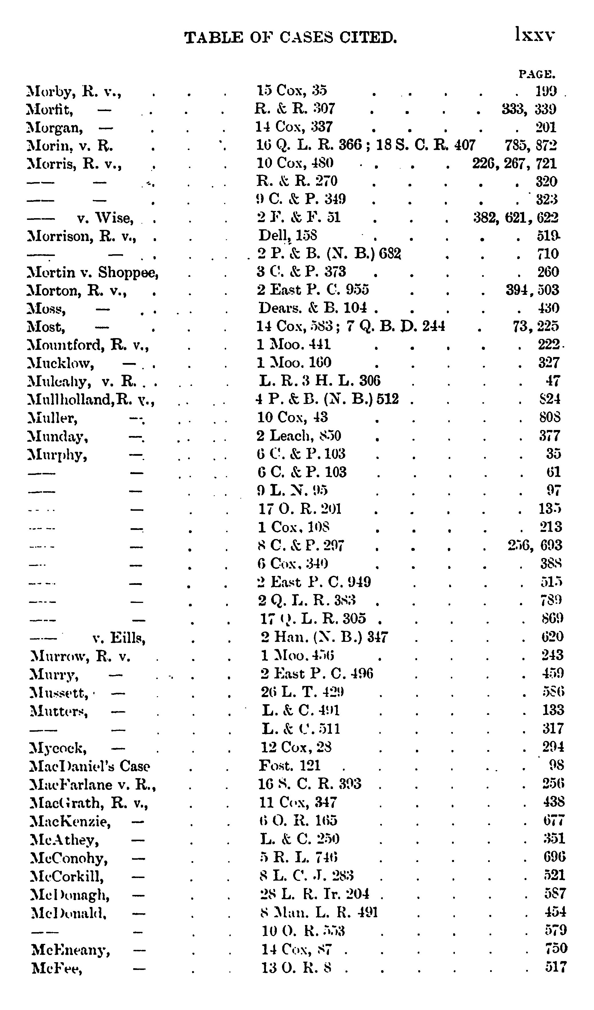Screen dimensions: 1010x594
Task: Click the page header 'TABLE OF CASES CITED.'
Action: tap(291, 38)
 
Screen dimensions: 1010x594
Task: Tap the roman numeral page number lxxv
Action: tap(535, 35)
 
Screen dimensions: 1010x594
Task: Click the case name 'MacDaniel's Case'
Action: tap(90, 766)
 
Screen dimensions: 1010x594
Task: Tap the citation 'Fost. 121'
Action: tap(290, 766)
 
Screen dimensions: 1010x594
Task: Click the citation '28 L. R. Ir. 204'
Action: tap(315, 894)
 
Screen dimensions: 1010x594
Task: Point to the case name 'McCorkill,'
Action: tap(67, 876)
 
